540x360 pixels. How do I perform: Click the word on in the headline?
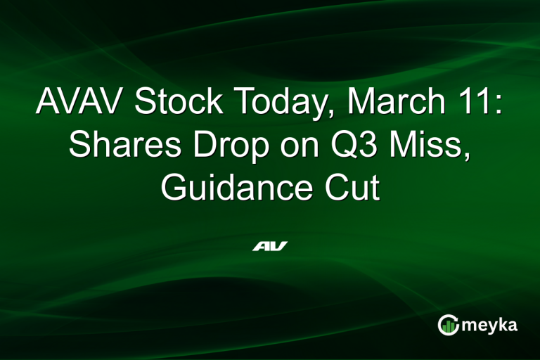coord(290,148)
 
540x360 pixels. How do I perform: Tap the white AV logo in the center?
coord(270,246)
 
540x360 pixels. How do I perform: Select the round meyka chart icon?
coord(448,325)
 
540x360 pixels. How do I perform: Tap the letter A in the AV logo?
coord(261,246)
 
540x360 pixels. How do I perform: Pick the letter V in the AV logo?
coord(278,246)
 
